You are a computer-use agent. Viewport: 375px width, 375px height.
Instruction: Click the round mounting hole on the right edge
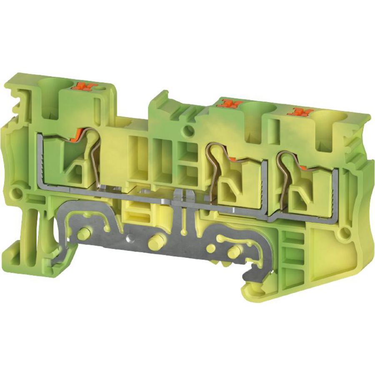344,233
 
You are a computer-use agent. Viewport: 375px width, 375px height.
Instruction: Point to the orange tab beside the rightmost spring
304,167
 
